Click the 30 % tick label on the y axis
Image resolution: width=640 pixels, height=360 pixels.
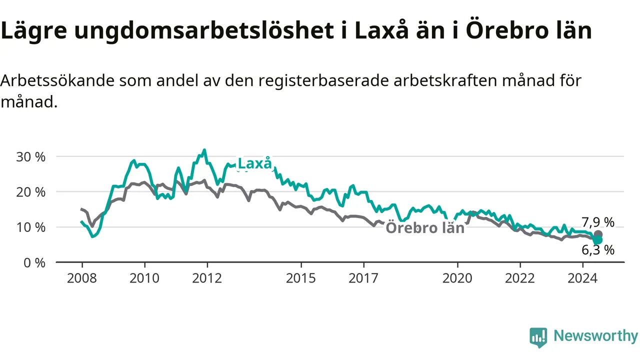pyautogui.click(x=31, y=157)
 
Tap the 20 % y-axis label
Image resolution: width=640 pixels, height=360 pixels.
pyautogui.click(x=31, y=192)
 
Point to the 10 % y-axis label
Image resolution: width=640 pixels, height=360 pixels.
pyautogui.click(x=31, y=227)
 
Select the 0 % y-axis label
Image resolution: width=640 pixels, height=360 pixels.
pyautogui.click(x=34, y=263)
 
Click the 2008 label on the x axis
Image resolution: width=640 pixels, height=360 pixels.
pyautogui.click(x=82, y=278)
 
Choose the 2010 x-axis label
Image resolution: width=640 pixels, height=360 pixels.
pyautogui.click(x=144, y=278)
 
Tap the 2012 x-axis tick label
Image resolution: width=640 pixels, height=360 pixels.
pyautogui.click(x=207, y=278)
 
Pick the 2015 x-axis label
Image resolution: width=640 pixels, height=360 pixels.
pyautogui.click(x=301, y=278)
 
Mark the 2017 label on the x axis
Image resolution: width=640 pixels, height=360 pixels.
pyautogui.click(x=363, y=278)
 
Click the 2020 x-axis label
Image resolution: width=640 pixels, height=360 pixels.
pyautogui.click(x=457, y=278)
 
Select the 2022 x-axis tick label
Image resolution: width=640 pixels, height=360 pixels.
pyautogui.click(x=520, y=278)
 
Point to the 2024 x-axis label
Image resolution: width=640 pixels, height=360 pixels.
pyautogui.click(x=583, y=278)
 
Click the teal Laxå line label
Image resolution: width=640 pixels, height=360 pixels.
pyautogui.click(x=254, y=163)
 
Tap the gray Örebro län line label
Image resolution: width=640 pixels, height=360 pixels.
pyautogui.click(x=425, y=227)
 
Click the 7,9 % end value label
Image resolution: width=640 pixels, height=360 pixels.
pyautogui.click(x=598, y=222)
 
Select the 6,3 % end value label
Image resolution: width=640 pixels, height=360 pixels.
pyautogui.click(x=598, y=250)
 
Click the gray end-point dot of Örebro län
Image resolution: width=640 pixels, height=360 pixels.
pyautogui.click(x=598, y=234)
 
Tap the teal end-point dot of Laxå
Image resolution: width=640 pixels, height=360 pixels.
pyautogui.click(x=597, y=240)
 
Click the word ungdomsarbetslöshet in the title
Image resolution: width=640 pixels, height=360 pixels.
pyautogui.click(x=204, y=31)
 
